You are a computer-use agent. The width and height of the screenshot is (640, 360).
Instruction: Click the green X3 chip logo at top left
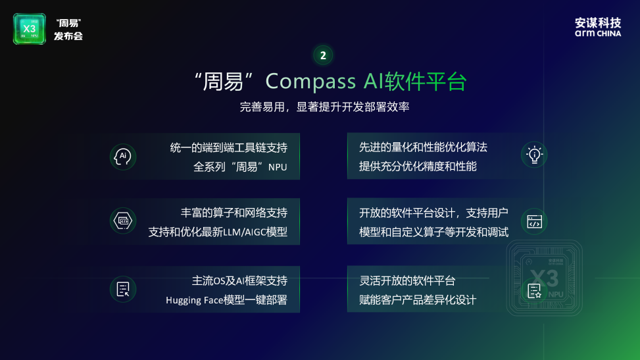29,29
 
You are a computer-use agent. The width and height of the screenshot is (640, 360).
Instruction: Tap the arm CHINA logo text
597,33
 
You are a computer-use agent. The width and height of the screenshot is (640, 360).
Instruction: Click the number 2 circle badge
323,55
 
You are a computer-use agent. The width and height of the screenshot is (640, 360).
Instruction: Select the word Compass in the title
310,82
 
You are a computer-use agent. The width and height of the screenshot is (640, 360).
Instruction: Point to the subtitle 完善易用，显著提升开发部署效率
324,107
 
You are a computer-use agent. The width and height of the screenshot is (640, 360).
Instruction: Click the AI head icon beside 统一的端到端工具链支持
123,157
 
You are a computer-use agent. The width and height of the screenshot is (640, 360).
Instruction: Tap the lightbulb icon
534,155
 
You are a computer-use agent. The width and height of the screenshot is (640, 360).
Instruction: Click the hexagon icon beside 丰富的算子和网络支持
123,221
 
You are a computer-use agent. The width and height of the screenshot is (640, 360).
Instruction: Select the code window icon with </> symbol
534,222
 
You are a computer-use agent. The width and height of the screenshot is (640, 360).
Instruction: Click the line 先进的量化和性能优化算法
423,147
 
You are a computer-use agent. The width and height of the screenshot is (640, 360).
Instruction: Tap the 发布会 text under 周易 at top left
68,36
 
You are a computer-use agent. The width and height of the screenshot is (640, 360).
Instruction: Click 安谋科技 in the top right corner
597,22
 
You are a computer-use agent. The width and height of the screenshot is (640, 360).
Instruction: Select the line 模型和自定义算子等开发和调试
433,232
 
